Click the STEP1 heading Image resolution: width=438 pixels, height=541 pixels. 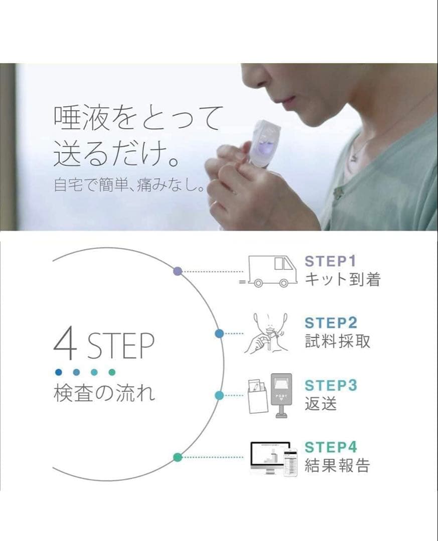pyautogui.click(x=330, y=261)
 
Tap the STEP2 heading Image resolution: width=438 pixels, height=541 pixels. pyautogui.click(x=331, y=323)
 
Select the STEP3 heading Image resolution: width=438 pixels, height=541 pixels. pyautogui.click(x=331, y=385)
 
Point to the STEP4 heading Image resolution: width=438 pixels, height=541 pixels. pyautogui.click(x=331, y=447)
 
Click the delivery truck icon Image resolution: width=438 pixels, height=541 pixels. pyautogui.click(x=268, y=272)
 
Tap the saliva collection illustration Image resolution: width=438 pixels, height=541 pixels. pyautogui.click(x=266, y=333)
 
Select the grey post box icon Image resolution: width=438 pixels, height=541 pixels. pyautogui.click(x=281, y=396)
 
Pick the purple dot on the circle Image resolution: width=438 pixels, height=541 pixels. pyautogui.click(x=178, y=271)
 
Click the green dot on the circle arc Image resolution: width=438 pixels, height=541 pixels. pyautogui.click(x=177, y=457)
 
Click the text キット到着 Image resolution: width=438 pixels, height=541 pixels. pyautogui.click(x=343, y=279)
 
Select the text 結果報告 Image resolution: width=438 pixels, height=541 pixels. pyautogui.click(x=337, y=465)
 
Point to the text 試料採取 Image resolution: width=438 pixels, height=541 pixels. pyautogui.click(x=337, y=341)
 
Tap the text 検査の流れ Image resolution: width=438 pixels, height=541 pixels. pyautogui.click(x=104, y=393)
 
